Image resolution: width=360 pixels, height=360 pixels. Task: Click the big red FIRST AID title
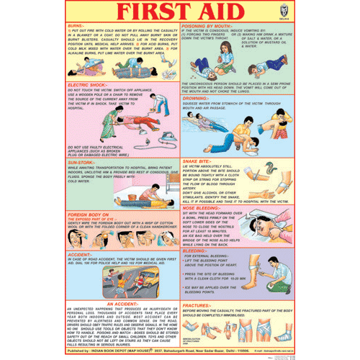[x=179, y=12]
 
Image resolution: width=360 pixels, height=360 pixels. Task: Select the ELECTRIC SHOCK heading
[x=89, y=84]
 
